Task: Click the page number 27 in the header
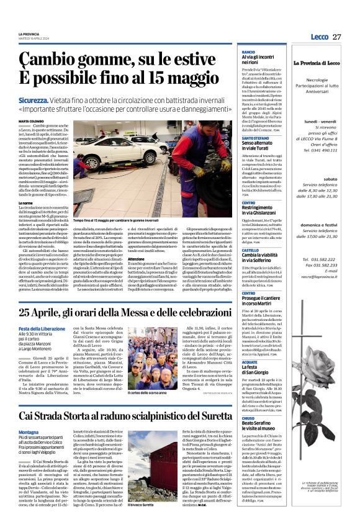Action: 336,37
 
